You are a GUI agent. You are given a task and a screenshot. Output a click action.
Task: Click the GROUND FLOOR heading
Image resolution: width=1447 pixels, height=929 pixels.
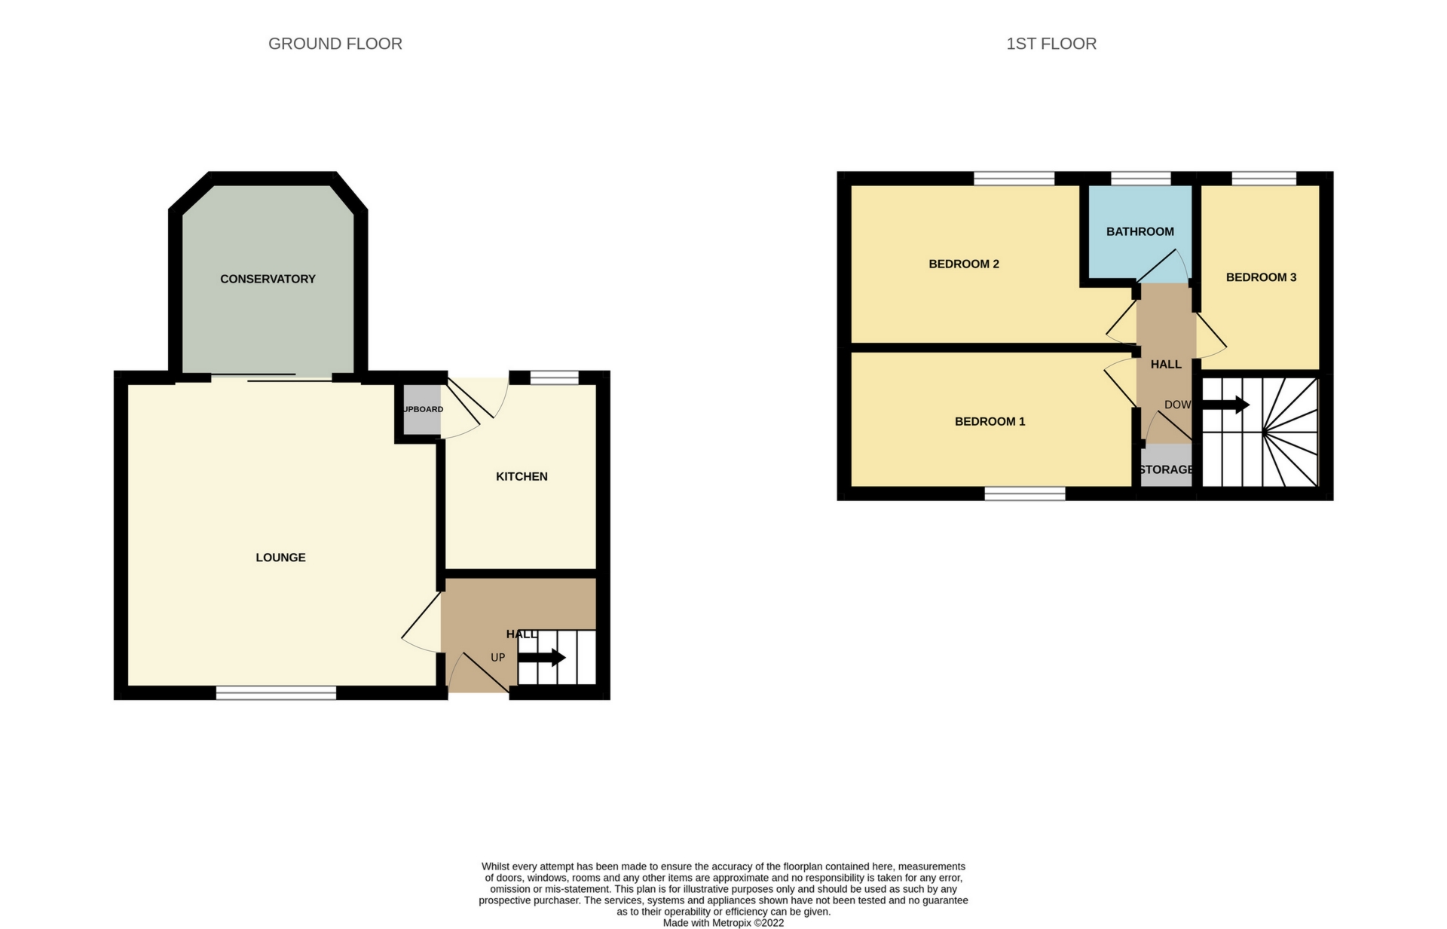[x=335, y=44]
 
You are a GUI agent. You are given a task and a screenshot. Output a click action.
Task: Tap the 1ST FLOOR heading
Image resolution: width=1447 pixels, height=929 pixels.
[x=1051, y=44]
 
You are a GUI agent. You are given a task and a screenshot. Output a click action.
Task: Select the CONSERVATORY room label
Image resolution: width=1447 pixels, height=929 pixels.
[x=268, y=279]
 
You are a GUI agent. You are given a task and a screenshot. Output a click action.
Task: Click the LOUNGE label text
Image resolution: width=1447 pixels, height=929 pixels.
[x=280, y=558]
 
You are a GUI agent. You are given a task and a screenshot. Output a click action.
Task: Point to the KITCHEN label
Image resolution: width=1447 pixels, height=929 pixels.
[x=522, y=476]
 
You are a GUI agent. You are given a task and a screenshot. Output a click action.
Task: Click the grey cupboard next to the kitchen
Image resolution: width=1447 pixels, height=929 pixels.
[x=421, y=410]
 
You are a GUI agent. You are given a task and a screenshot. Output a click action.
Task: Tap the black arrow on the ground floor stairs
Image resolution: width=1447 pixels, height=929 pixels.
[x=542, y=657]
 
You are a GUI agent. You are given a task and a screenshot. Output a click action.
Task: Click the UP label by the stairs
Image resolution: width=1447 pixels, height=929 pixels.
[x=497, y=657]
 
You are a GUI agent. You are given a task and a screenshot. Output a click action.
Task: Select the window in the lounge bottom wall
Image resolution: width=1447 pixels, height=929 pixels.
[x=276, y=692]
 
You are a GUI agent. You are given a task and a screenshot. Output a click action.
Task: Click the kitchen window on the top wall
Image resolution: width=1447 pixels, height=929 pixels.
[x=555, y=377]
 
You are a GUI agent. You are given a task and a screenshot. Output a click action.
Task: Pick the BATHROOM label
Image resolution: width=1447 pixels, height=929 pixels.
[x=1140, y=231]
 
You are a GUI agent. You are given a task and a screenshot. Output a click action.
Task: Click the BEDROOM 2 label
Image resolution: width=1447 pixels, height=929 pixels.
[x=963, y=264]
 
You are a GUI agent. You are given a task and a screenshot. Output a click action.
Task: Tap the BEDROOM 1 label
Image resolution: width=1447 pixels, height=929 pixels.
[x=990, y=421]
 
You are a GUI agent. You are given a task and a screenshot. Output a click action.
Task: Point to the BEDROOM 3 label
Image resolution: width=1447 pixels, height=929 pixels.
[x=1261, y=277]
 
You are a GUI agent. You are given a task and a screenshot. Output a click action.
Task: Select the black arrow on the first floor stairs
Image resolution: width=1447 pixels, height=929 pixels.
[x=1225, y=405]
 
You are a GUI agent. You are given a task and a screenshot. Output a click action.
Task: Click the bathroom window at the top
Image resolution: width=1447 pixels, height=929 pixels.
[x=1141, y=179]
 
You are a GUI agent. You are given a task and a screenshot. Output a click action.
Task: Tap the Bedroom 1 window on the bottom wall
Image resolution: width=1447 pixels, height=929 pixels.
[x=1025, y=494]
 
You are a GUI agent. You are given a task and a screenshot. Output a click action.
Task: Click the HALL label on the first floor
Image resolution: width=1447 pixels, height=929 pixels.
[x=1166, y=364]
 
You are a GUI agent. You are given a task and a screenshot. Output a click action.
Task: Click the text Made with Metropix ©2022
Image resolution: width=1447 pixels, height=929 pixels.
[x=723, y=923]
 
